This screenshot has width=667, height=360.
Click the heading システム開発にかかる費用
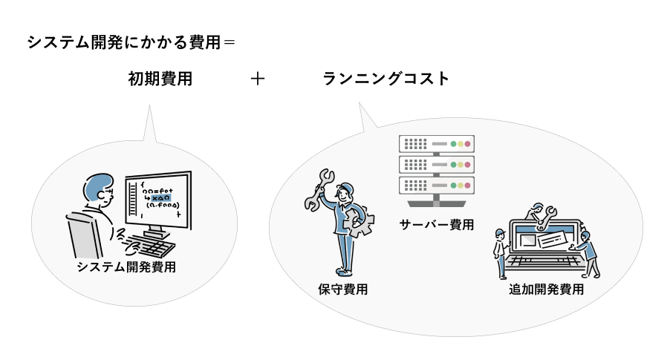coord(124,42)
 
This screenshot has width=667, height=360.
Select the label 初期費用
coord(160,79)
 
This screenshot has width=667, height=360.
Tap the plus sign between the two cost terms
coord(258,79)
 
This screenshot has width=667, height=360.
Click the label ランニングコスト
coord(385,79)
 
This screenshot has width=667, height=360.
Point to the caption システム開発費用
coord(126,267)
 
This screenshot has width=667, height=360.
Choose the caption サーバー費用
coord(437,224)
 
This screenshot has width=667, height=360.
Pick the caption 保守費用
coord(343,289)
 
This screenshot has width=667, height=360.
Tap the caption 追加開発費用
coord(546,289)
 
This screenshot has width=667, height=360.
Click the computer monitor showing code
coord(159,200)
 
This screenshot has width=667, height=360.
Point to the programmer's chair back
coord(83,236)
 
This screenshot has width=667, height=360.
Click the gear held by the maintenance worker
coord(359,222)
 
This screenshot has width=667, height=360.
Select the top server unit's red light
coord(467,144)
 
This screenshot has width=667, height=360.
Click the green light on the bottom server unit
coord(454,186)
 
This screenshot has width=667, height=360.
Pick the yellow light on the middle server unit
coord(461,165)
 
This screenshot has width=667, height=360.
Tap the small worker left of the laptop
coord(501,254)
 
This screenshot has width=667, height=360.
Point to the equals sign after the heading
coord(229,42)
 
